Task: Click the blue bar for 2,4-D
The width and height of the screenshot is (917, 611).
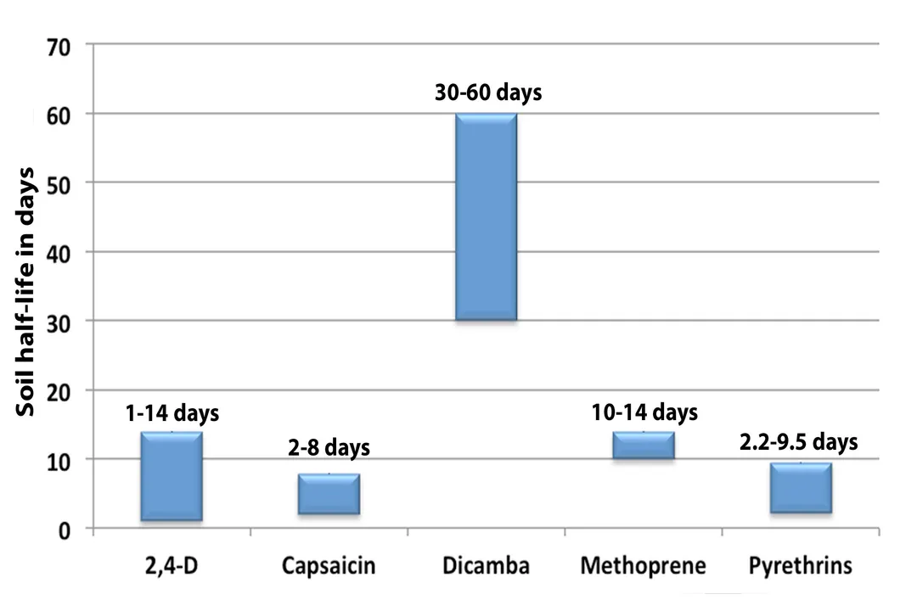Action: click(x=171, y=476)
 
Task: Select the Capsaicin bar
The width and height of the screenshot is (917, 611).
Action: click(x=329, y=494)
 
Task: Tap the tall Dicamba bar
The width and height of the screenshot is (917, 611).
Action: click(x=486, y=216)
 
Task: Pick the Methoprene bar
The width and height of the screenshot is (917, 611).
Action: click(x=643, y=446)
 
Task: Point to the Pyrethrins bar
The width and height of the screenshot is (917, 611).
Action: click(x=801, y=488)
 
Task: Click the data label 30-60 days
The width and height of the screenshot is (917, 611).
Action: click(x=487, y=92)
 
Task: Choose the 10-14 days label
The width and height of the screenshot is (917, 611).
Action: click(x=644, y=412)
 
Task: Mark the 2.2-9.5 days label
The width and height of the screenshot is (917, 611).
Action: click(x=799, y=441)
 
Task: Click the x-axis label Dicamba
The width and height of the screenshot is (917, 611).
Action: click(x=487, y=566)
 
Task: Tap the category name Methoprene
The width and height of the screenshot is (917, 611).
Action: click(x=643, y=566)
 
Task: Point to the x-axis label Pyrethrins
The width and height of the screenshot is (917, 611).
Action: click(x=800, y=566)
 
